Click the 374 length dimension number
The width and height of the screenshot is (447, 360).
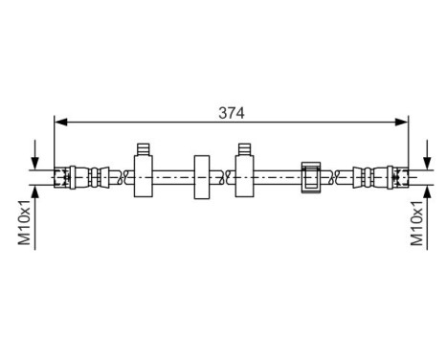(x=232, y=112)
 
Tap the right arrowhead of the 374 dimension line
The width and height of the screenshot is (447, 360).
(x=404, y=122)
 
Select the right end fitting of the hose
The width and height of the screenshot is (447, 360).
(x=381, y=176)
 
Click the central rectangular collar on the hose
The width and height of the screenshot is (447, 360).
(x=201, y=176)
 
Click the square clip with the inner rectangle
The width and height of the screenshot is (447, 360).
(x=312, y=176)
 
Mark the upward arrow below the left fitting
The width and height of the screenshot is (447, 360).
(x=36, y=191)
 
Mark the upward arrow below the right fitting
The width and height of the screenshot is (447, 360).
(x=425, y=191)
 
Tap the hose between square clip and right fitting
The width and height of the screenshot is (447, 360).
(x=340, y=176)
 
